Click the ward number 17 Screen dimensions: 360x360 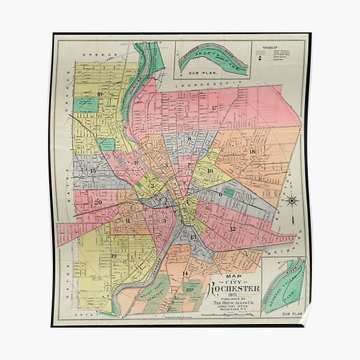(x=214, y=108)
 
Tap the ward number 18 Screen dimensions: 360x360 (x=252, y=151)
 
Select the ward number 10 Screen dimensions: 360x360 (x=100, y=94)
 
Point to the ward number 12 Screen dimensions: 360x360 (x=233, y=229)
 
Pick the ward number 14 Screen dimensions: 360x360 (x=185, y=274)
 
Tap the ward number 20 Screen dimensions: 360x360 (x=98, y=202)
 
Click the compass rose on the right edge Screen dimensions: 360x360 (x=292, y=201)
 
